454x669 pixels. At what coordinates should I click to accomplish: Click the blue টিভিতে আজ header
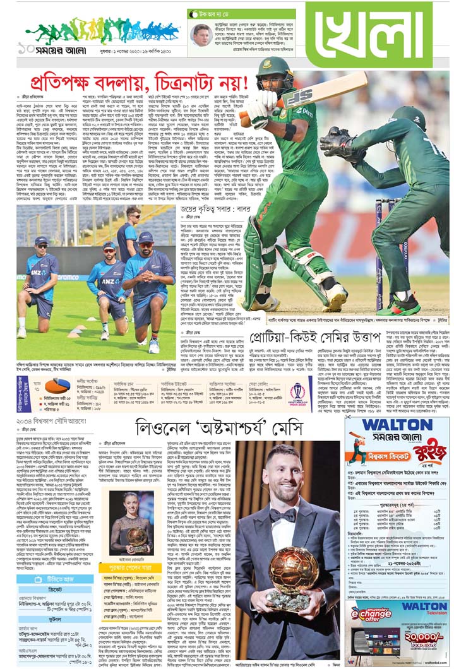point(55,579)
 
